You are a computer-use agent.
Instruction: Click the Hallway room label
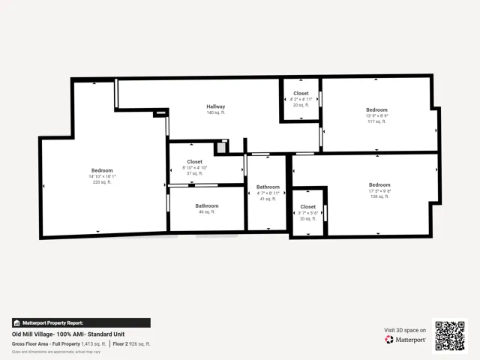coord(216,106)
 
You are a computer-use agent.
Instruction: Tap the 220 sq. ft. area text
coord(102,182)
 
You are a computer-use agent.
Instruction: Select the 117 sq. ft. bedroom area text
coord(376,121)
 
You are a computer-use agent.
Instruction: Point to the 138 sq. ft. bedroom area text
coord(379,196)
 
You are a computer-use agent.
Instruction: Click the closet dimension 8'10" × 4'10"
coord(194,167)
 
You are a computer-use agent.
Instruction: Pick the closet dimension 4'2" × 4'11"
coord(300,99)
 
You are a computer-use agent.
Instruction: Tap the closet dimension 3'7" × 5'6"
coord(308,212)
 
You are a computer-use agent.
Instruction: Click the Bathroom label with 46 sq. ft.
coord(207,205)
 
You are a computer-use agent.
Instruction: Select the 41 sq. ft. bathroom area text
coord(268,199)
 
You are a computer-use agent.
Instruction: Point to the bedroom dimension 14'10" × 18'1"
coord(102,176)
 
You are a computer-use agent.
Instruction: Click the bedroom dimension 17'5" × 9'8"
coord(379,190)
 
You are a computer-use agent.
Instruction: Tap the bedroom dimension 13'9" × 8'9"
coord(376,115)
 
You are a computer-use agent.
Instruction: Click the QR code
coord(450,335)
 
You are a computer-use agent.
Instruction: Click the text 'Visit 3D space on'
coord(405,330)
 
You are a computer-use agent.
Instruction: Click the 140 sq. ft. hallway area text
coord(216,112)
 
